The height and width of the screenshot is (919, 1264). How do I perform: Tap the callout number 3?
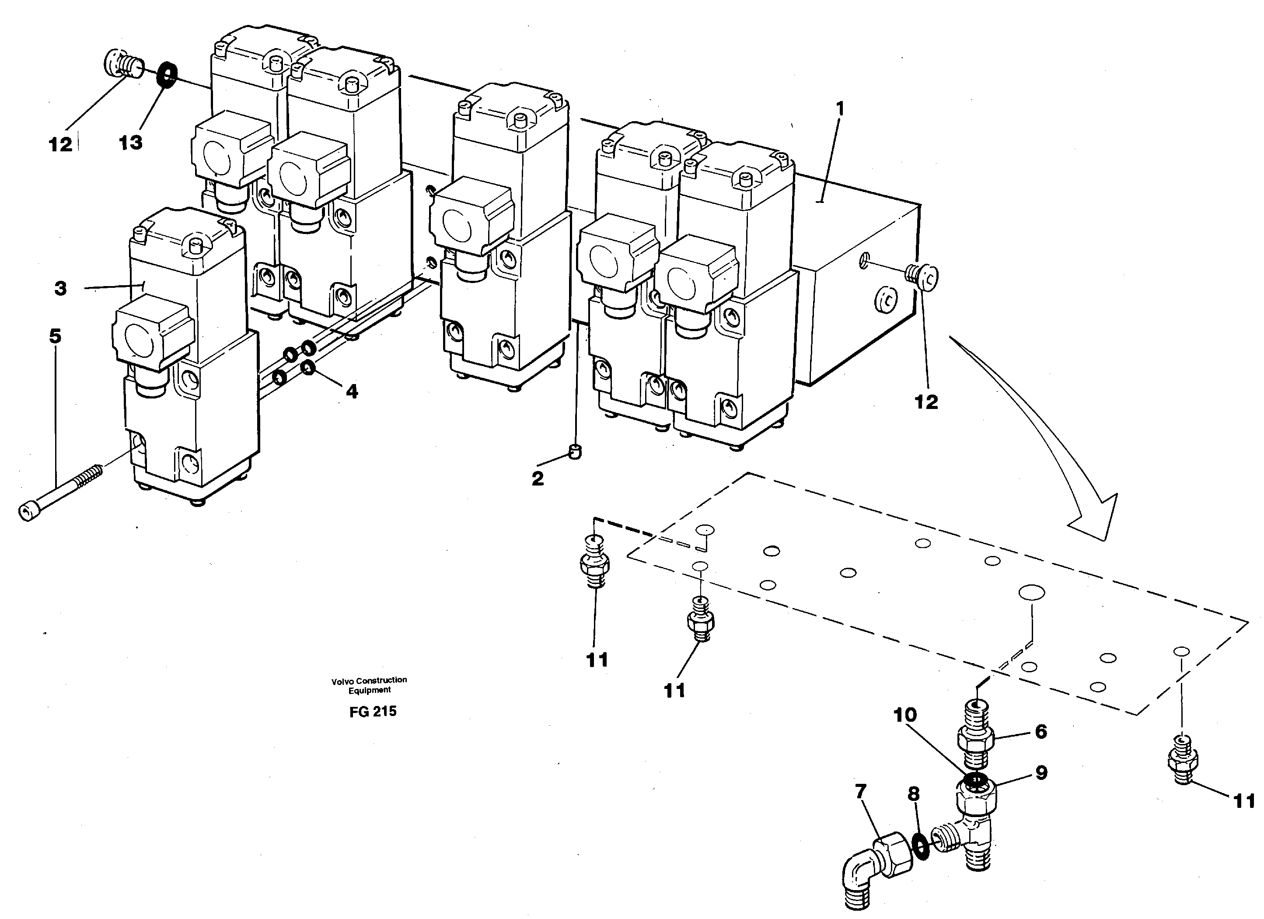60,288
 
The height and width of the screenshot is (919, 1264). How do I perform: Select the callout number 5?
55,336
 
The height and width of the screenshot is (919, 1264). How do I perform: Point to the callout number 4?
352,392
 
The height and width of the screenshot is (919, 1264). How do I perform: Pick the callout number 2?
537,478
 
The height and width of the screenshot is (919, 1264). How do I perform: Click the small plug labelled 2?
575,451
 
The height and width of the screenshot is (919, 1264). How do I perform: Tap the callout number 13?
130,143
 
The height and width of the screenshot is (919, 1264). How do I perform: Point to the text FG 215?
373,711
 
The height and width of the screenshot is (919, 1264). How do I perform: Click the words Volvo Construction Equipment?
369,685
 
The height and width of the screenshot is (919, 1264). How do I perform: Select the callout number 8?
913,793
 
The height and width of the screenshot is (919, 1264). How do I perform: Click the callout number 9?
1041,772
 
